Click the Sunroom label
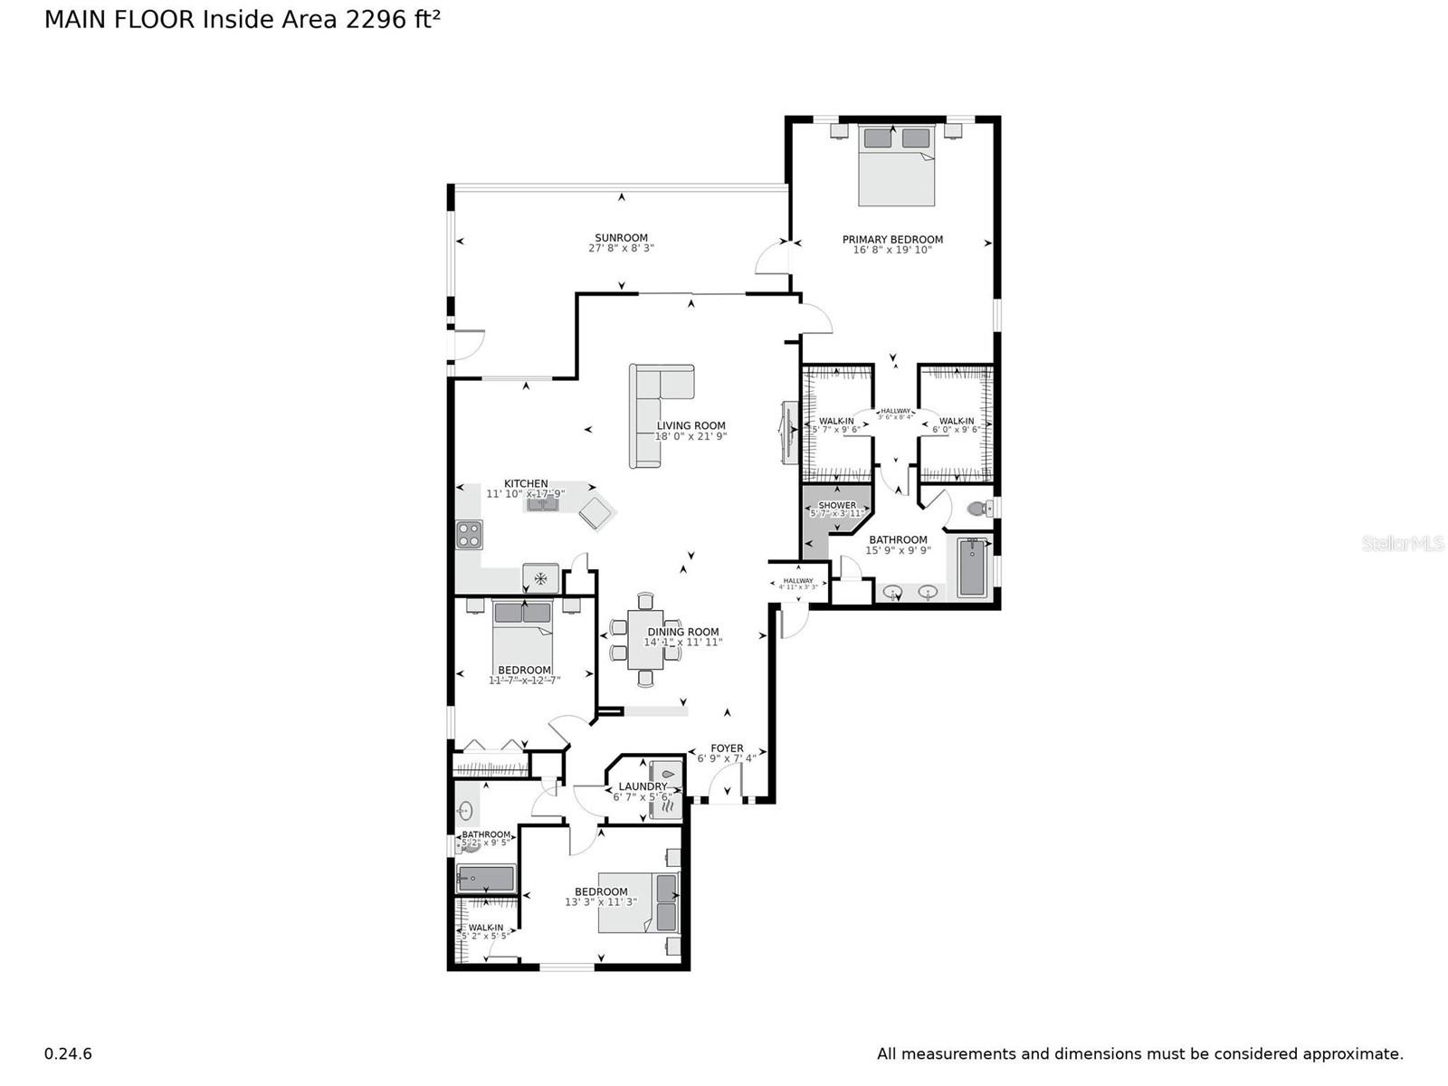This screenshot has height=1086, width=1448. coord(621,238)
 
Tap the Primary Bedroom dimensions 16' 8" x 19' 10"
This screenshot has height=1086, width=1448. coord(892,251)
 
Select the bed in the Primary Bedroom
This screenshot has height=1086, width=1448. coord(896,167)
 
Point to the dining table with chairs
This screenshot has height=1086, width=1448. coord(645,639)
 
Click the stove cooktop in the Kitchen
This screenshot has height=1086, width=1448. coord(469,535)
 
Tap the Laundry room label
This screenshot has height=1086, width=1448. coord(642,786)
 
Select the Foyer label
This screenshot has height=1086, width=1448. coord(727,748)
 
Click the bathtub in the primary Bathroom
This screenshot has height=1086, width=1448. coord(972,567)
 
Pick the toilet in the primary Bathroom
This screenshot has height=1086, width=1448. coord(978,509)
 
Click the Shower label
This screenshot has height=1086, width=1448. coord(837,505)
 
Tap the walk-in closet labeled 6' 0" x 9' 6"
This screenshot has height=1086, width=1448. coord(957,424)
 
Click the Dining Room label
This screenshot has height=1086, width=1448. coord(683,632)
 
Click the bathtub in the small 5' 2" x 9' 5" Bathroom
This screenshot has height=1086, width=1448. coord(486,877)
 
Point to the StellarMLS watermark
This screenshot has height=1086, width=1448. coord(1402,543)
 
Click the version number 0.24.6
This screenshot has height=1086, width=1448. coord(68,1053)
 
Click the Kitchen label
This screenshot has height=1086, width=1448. coord(526,483)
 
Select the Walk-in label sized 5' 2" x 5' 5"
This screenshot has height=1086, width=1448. coord(486,928)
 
